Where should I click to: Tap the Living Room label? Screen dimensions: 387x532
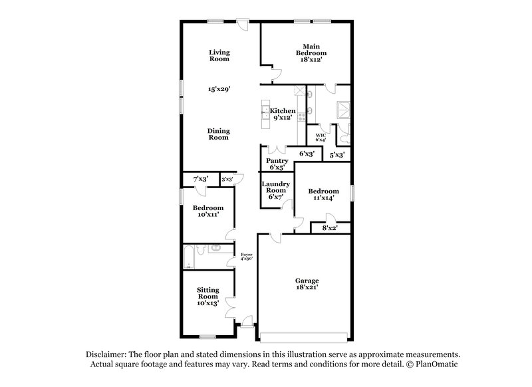219,55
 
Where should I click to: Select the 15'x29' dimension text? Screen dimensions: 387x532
219,88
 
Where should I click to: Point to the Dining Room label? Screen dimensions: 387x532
219,134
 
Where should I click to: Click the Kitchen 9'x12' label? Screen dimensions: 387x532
283,114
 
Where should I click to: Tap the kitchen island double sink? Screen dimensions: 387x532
265,111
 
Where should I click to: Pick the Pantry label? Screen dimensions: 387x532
277,164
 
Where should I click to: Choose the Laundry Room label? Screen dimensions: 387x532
274,190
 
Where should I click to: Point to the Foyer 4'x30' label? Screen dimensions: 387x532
247,256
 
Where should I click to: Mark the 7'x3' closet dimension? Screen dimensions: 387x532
200,179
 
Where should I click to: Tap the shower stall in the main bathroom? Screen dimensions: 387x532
344,108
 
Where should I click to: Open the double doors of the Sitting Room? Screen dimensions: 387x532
231,308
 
